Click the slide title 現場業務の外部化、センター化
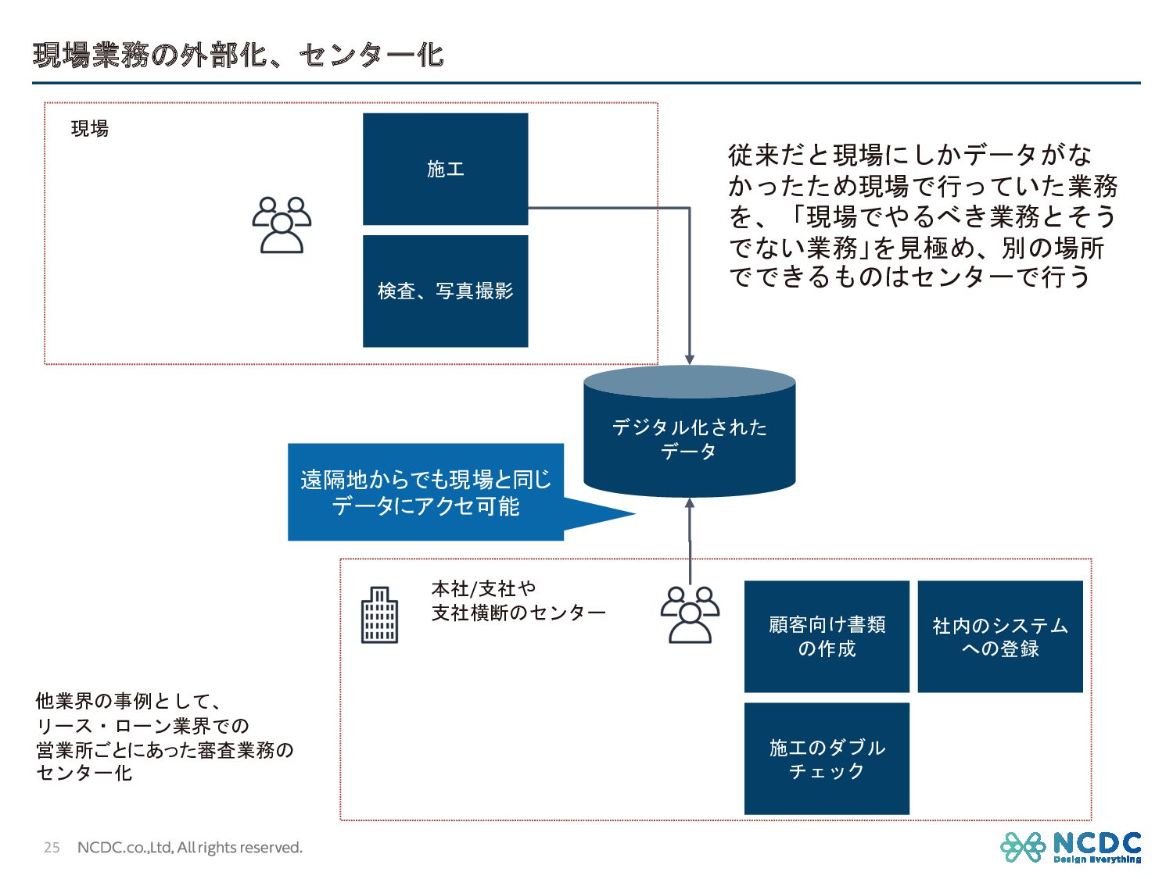pos(239,55)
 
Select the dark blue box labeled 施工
pos(445,169)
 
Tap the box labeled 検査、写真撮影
pos(445,291)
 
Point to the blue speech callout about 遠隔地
pos(425,492)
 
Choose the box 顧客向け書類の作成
pos(827,636)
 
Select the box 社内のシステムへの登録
pos(999,636)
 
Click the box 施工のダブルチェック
pos(827,758)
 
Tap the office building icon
pos(379,615)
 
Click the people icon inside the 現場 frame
pos(282,225)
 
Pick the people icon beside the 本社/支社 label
pos(690,614)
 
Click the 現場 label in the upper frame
pos(90,129)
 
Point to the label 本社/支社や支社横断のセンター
pos(518,600)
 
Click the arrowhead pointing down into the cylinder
pos(689,359)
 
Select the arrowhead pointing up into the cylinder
pos(689,504)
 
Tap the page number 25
pos(52,848)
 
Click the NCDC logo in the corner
pos(1071,847)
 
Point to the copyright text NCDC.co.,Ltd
pos(189,848)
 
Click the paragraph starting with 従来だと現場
pos(923,216)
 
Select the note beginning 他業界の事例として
pos(164,737)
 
